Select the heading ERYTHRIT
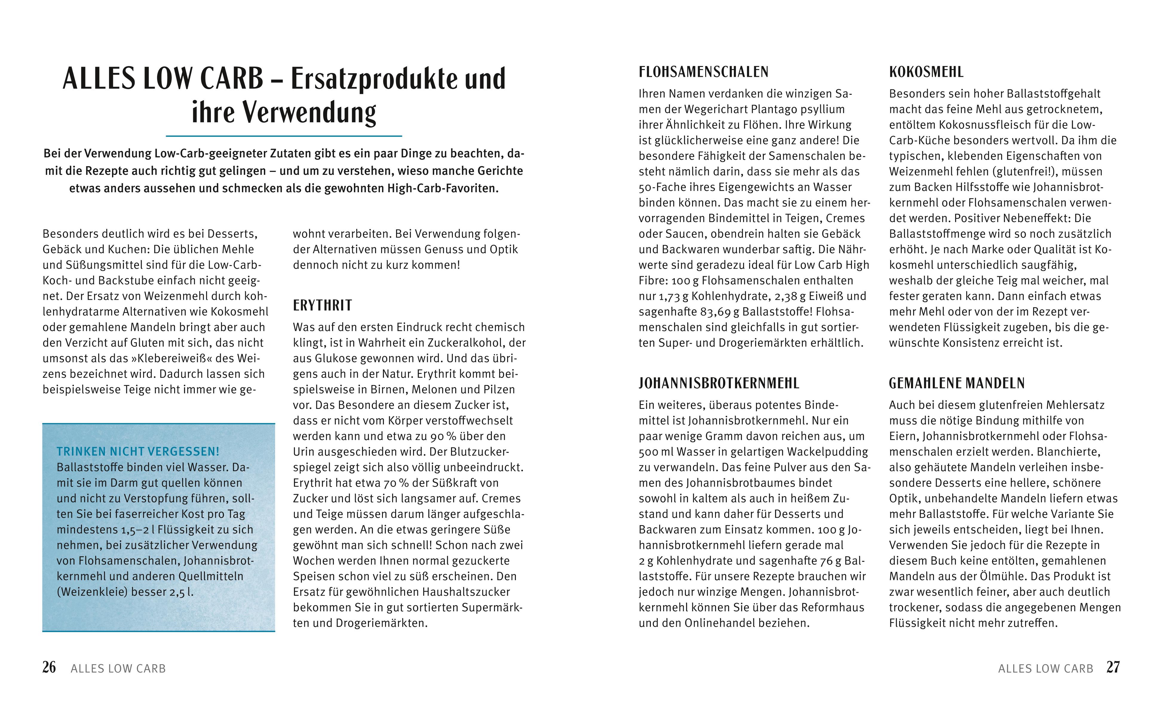point(322,305)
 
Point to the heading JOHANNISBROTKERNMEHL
point(719,383)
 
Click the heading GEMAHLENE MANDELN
point(957,383)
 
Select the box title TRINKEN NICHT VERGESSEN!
point(138,452)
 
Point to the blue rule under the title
point(283,136)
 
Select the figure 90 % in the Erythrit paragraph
point(443,436)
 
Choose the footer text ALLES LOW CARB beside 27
point(1045,669)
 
